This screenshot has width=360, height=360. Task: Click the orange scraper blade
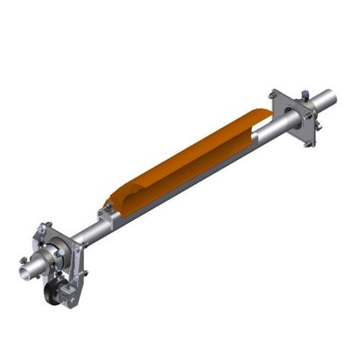pyautogui.click(x=187, y=157)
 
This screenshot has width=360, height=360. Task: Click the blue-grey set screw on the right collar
pyautogui.click(x=305, y=94)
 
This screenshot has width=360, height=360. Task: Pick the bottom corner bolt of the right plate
pyautogui.click(x=307, y=143)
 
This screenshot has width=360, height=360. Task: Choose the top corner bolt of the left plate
pyautogui.click(x=46, y=224)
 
